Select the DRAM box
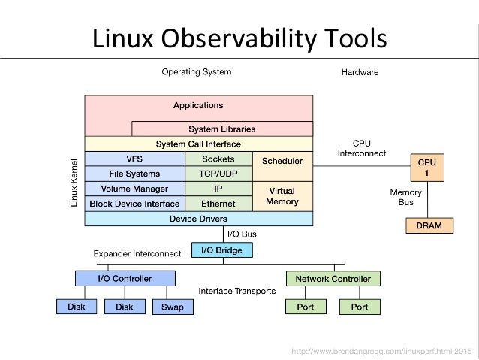(429, 225)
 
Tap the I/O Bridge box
(222, 250)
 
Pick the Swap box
(172, 307)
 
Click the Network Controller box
(333, 279)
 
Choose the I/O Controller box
(125, 279)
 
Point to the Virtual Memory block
(282, 196)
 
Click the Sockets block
(218, 159)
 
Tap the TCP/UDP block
(218, 174)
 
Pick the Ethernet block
(218, 204)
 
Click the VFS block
(134, 159)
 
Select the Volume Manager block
(134, 189)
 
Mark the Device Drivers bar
(198, 219)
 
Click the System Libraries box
(221, 129)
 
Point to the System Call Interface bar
(198, 144)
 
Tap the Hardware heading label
(360, 73)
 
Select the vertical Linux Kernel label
(74, 183)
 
